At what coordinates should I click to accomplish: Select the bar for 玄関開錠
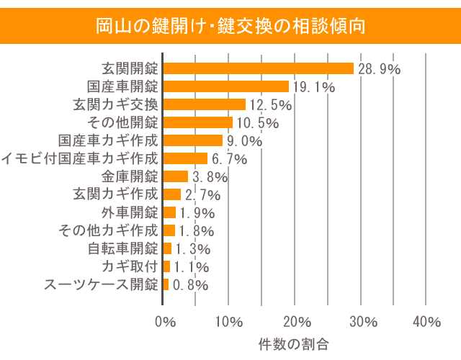coord(259,68)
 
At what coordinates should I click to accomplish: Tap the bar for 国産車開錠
coord(226,86)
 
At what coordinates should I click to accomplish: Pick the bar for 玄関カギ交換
coord(205,104)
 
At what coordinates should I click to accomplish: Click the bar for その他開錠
coord(198,122)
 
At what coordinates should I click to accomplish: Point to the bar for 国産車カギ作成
coord(193,140)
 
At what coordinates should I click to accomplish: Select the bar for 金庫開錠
coord(176,176)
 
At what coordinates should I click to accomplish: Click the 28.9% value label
coord(378,69)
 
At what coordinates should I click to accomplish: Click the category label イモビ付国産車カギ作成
coord(80,158)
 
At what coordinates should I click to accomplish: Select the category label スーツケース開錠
coord(101,284)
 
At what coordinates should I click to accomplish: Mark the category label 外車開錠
coord(130,212)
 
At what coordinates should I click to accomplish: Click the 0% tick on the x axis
coord(165,321)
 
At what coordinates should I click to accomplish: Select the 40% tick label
coord(427,321)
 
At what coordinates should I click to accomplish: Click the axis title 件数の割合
coord(294,343)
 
